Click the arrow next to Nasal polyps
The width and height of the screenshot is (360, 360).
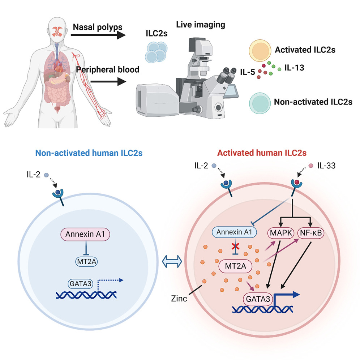(97, 36)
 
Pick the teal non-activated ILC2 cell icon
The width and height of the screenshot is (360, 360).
(259, 102)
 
